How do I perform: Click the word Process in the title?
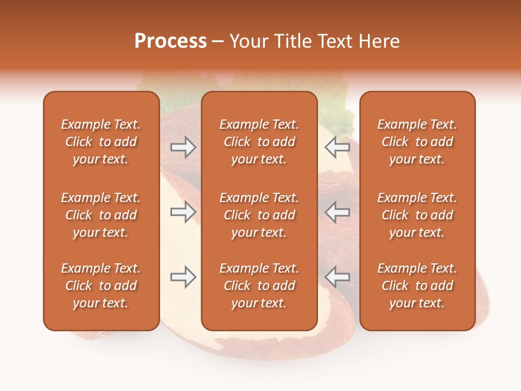170,41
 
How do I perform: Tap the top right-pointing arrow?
183,147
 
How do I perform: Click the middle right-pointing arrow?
183,212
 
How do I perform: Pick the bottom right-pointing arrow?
183,277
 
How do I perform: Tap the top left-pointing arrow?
337,147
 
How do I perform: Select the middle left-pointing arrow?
337,212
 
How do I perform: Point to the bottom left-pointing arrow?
337,277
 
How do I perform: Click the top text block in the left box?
101,142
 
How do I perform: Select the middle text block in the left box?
101,215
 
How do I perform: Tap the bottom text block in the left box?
101,286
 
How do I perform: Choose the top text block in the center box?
259,142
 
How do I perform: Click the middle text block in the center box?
259,215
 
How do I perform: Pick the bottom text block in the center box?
259,286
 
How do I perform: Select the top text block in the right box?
417,142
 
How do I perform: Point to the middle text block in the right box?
417,215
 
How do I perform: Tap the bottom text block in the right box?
417,286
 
